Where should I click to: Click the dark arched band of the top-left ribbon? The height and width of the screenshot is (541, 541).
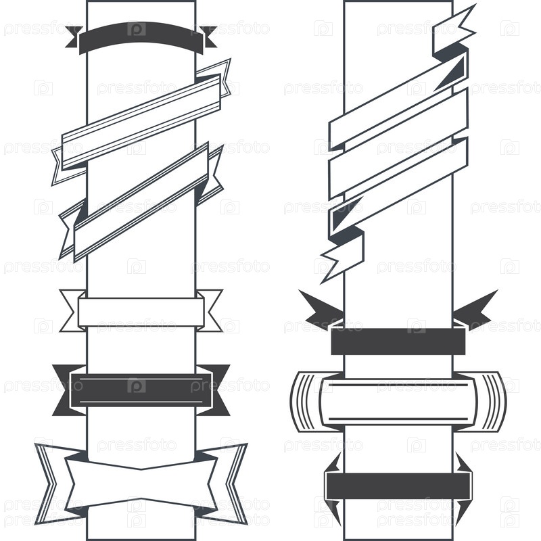pyautogui.click(x=141, y=34)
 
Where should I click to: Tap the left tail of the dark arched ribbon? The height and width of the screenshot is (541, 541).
pyautogui.click(x=74, y=37)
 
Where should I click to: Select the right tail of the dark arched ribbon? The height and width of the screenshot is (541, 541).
pyautogui.click(x=209, y=37)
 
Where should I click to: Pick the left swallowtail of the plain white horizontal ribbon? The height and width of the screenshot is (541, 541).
pyautogui.click(x=72, y=310)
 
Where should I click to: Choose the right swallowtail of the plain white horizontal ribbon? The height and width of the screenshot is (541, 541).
pyautogui.click(x=210, y=310)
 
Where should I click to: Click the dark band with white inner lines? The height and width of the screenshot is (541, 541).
pyautogui.click(x=141, y=390)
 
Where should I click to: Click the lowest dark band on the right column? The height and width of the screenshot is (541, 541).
pyautogui.click(x=398, y=486)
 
